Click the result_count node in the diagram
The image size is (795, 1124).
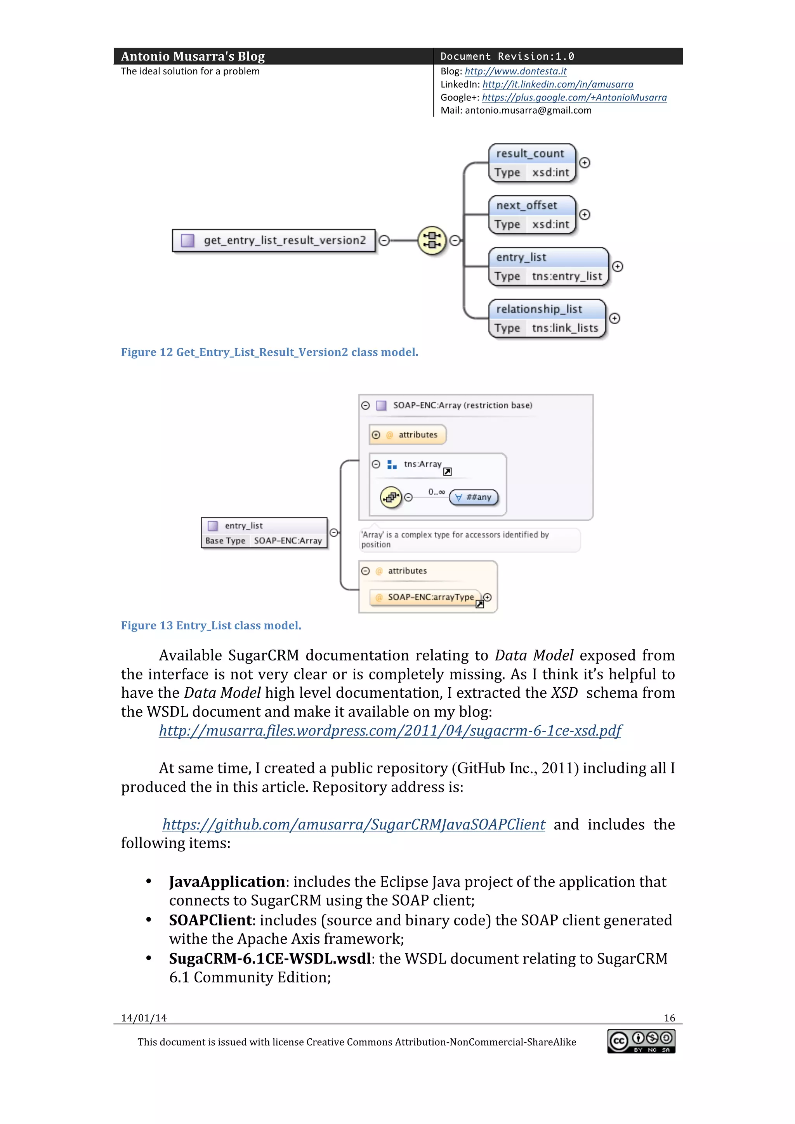coord(532,163)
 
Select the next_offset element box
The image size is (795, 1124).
coord(532,215)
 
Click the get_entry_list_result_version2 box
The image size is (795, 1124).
coord(274,240)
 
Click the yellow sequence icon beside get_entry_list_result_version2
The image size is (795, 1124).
coord(432,240)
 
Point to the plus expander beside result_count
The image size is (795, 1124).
coord(584,163)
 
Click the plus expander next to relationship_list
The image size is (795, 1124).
coord(615,318)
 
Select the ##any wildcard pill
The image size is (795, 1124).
coord(474,497)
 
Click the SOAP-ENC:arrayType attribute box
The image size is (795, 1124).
coord(425,597)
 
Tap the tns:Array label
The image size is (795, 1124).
coord(422,464)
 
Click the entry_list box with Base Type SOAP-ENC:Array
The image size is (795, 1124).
coord(264,533)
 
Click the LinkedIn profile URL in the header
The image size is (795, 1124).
coord(557,85)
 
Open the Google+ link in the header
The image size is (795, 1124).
coord(574,97)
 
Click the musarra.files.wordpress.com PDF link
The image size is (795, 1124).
coord(390,730)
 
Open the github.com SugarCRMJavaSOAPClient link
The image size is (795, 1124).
coord(354,825)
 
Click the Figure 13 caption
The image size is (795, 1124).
coord(211,626)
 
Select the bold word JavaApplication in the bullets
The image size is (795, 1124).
coord(227,882)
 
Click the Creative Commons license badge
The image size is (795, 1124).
coord(641,1042)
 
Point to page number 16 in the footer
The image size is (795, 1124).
coord(669,1018)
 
